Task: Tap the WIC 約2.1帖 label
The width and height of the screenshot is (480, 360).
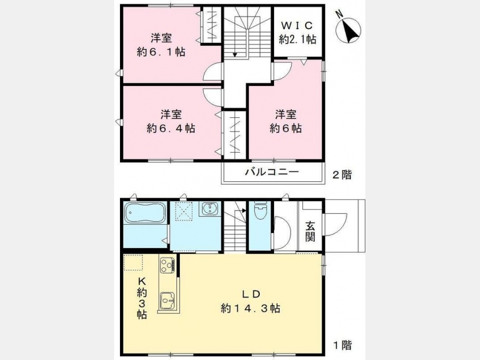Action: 298,33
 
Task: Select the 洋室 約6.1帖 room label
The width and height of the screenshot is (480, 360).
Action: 161,45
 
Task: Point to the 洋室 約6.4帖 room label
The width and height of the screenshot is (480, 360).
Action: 171,121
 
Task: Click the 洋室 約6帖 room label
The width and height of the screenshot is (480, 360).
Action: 286,121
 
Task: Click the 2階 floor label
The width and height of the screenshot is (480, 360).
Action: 342,175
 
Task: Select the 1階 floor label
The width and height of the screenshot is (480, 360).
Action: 342,345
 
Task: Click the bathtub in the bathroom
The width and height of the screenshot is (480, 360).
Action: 145,213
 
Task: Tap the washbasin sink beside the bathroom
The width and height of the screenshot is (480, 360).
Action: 210,209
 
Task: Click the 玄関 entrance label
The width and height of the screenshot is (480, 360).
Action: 310,231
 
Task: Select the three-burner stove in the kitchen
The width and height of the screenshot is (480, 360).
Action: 167,265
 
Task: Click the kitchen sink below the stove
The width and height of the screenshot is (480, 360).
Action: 167,301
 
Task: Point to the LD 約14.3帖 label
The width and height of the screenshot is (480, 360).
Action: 251,301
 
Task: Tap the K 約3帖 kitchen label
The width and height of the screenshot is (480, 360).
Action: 141,298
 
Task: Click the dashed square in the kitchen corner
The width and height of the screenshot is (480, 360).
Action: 133,262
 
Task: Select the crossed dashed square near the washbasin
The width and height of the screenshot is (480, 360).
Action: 183,211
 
